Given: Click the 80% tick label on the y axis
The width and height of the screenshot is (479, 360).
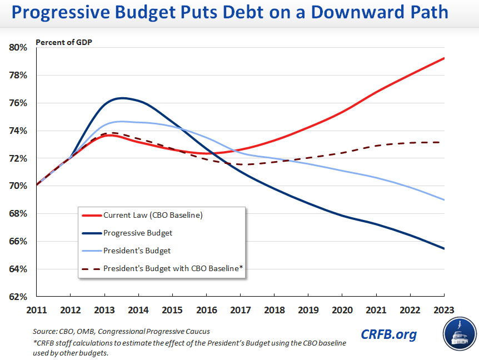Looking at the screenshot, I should click(18, 48).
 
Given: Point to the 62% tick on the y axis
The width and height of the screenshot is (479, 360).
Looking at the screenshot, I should click(18, 297).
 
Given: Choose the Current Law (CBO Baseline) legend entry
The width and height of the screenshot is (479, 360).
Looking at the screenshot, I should click(153, 215).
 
